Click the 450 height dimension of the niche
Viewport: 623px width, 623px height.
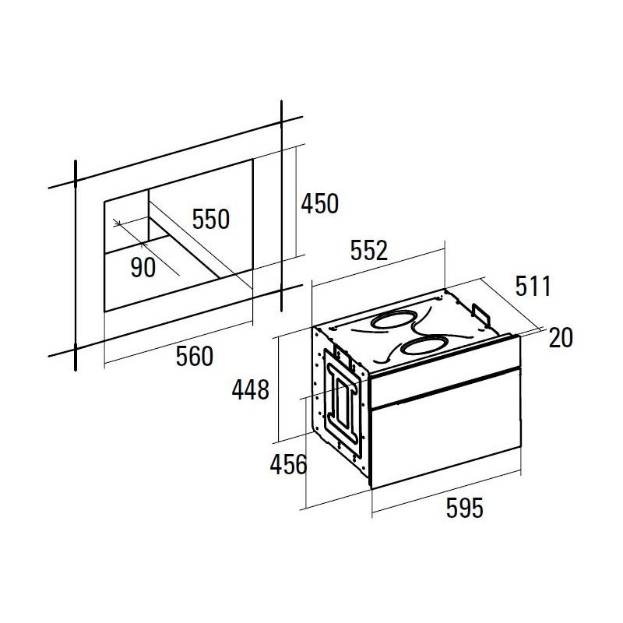[x=320, y=203]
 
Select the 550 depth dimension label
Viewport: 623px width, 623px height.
[x=211, y=219]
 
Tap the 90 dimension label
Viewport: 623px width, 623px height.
[x=143, y=267]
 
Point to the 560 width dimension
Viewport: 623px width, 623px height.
[x=195, y=357]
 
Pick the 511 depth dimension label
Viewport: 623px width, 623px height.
[x=533, y=286]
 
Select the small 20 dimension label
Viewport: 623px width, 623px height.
[x=561, y=338]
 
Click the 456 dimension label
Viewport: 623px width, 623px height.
[x=288, y=464]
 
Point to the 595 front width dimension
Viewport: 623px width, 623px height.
[x=464, y=508]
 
